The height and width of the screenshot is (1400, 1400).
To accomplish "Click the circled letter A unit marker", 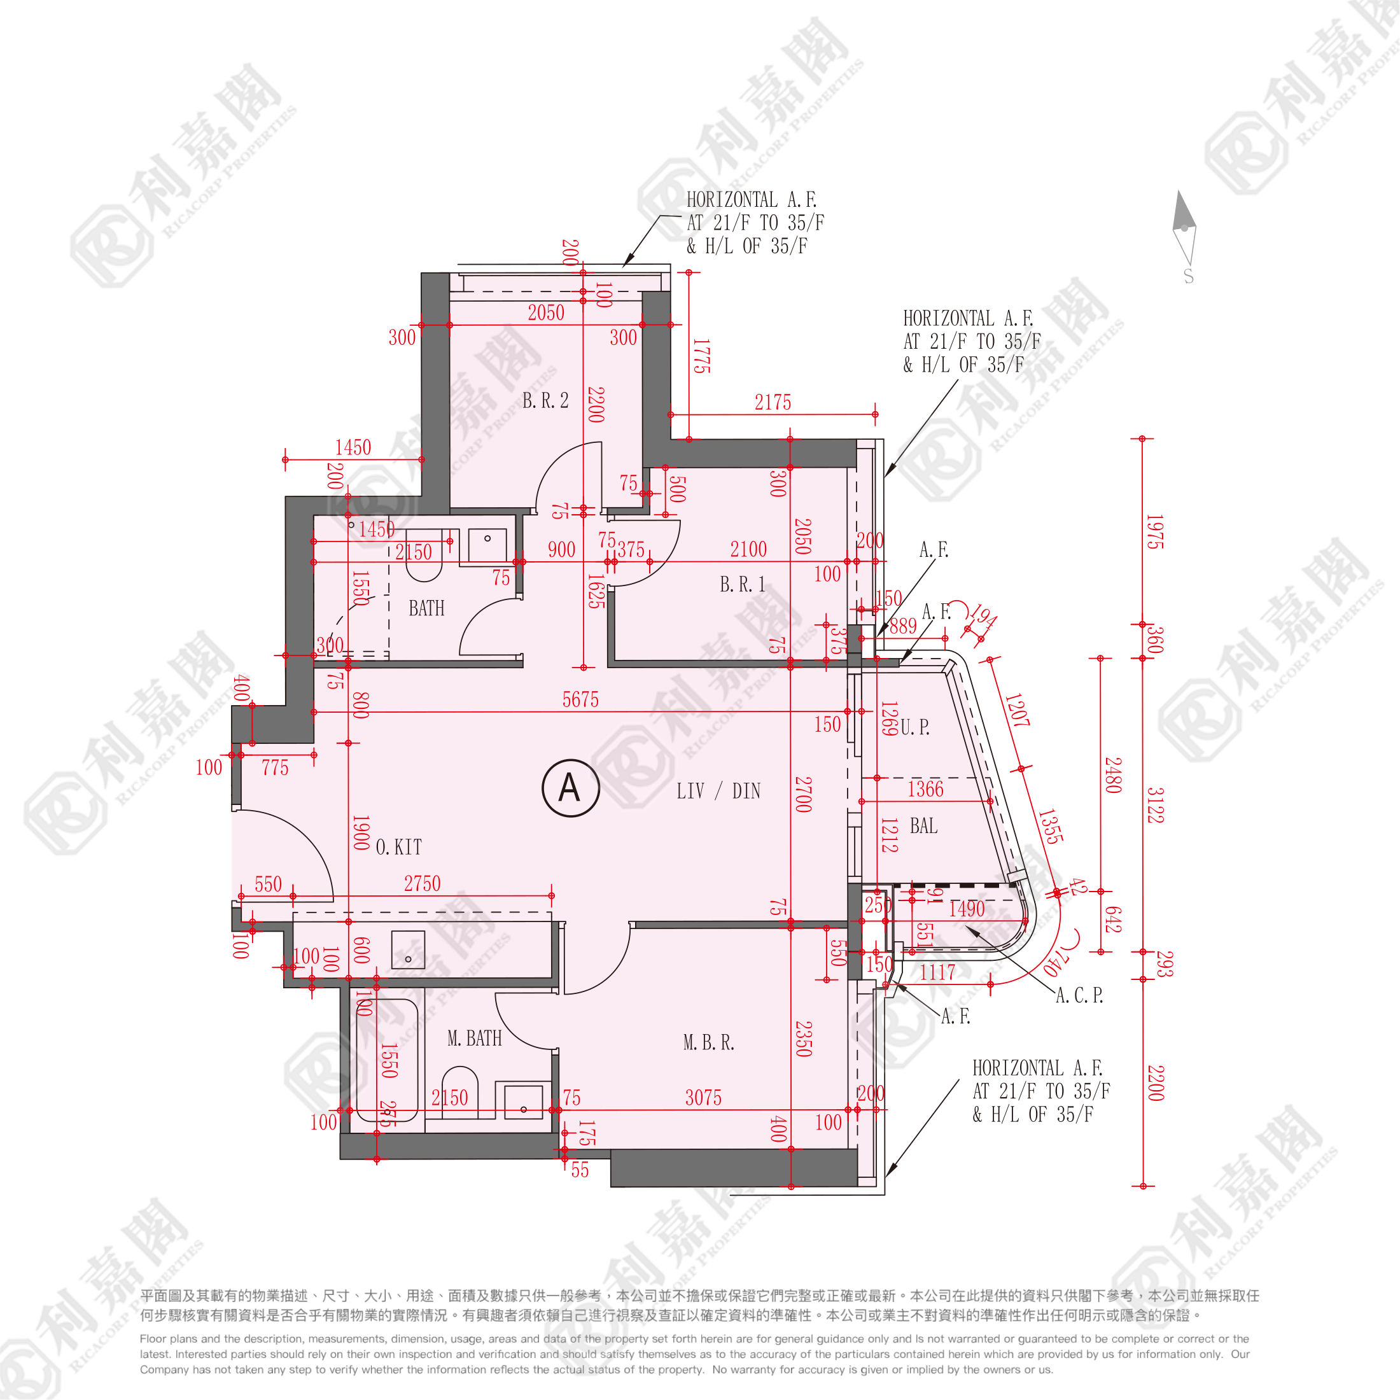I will [570, 788].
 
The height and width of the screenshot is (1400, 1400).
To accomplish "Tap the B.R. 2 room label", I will [545, 401].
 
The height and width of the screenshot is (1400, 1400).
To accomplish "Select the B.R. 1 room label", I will [742, 584].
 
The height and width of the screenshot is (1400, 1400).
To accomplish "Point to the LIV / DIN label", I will [718, 790].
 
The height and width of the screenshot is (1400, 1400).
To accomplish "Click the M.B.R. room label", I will [708, 1043].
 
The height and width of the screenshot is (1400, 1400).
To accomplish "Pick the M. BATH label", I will [474, 1039].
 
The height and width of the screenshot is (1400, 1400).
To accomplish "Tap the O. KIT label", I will [398, 846].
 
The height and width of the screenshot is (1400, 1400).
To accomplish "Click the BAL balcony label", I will [923, 826].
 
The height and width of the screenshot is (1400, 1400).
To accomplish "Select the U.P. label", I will [914, 727].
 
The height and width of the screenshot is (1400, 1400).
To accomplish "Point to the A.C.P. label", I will [1079, 996].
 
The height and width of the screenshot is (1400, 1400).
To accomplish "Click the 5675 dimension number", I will [580, 699].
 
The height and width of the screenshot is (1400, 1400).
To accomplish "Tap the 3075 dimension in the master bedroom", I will [703, 1098].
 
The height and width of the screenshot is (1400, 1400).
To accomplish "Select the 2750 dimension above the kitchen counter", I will [422, 883].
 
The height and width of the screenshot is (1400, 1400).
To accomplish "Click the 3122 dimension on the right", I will [1155, 805].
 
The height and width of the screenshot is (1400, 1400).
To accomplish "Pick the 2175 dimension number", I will [773, 403].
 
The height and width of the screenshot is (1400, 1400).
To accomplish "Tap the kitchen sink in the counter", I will [408, 949].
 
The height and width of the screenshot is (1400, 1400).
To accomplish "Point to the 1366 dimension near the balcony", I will [925, 789].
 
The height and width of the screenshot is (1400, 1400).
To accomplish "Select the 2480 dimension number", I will [1112, 774].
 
